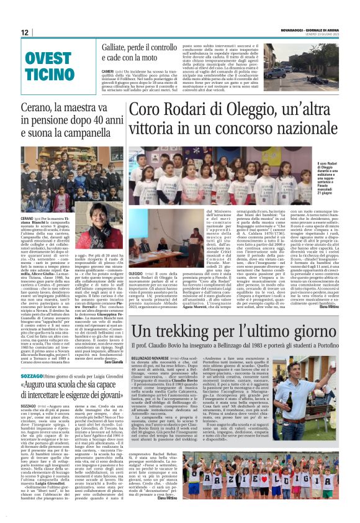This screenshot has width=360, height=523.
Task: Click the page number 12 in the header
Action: (x=24, y=32)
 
